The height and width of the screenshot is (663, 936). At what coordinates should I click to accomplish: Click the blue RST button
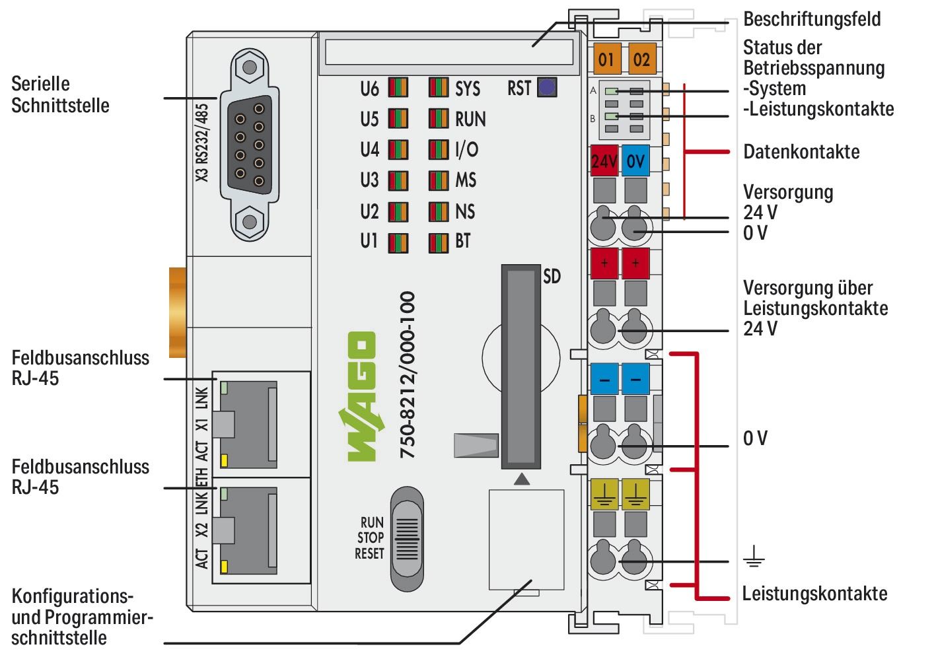tap(547, 88)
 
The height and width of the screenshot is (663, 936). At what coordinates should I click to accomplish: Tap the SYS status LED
tap(438, 88)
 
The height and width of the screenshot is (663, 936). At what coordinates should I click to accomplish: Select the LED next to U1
tap(398, 242)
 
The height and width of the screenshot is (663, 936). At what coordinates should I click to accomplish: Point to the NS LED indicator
tap(438, 212)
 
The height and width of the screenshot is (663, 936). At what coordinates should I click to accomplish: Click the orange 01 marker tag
tap(606, 59)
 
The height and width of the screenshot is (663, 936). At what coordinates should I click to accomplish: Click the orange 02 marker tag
tap(641, 59)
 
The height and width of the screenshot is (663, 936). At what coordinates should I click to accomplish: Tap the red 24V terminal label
tap(604, 160)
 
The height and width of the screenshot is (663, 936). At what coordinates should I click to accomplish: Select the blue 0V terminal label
tap(635, 160)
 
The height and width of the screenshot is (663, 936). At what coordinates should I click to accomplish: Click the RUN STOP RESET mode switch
tap(406, 538)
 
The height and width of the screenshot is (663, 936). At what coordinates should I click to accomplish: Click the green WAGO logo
tap(361, 396)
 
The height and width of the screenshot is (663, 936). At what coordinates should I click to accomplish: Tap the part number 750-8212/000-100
tap(408, 375)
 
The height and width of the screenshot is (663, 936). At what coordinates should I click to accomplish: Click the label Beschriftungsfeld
tap(811, 18)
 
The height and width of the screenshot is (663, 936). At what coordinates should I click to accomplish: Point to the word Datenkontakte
tap(801, 152)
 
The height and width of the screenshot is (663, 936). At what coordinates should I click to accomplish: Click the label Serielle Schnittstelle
tap(60, 94)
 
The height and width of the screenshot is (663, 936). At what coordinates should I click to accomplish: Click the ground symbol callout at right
tap(754, 561)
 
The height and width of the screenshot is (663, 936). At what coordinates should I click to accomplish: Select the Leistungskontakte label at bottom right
tap(814, 593)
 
